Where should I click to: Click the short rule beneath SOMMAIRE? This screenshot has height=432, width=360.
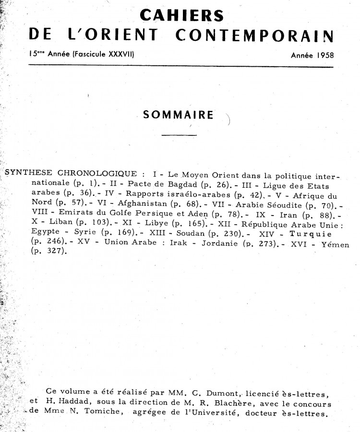(x=180, y=135)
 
